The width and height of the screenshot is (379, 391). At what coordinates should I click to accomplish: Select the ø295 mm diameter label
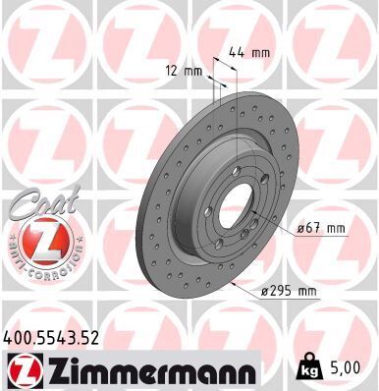click(x=293, y=291)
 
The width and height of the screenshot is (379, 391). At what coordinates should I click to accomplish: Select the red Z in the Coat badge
click(x=38, y=239)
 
